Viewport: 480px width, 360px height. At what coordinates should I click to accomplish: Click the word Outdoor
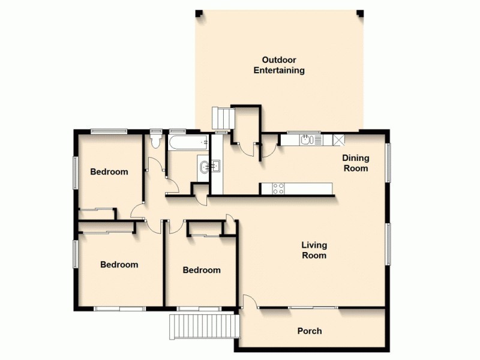coord(279,59)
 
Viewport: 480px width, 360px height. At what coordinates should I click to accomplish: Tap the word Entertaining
coord(279,70)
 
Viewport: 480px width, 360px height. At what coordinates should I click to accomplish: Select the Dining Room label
coord(355,163)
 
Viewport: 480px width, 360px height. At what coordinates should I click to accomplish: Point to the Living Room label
coord(314,250)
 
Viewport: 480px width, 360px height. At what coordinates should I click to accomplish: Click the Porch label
coord(310,331)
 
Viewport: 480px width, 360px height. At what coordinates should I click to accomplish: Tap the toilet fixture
coord(156,140)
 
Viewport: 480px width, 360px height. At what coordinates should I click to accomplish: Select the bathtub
coord(188,143)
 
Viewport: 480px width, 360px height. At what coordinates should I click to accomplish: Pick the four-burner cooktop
coord(279,188)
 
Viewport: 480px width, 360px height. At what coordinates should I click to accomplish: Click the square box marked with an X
coord(338,140)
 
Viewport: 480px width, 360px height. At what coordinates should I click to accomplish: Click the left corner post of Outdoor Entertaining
coord(200,13)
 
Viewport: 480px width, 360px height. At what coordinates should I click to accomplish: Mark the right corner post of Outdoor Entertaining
coord(361,13)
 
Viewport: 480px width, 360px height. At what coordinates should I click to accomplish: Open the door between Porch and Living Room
coord(250,302)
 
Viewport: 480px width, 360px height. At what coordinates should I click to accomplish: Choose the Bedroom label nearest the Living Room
coord(201,270)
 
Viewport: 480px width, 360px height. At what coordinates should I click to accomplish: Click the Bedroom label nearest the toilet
coord(109,172)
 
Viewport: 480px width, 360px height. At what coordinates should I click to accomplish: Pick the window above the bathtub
coord(178,131)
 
